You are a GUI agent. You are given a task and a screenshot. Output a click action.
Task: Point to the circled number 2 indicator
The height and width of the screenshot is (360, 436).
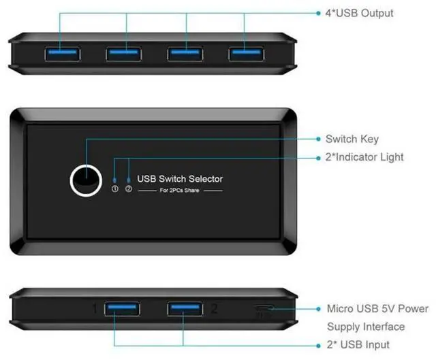(x=128, y=189)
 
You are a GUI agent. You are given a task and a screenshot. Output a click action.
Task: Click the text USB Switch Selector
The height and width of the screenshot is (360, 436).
(x=180, y=179)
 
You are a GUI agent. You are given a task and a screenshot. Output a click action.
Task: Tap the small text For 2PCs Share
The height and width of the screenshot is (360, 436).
(x=180, y=191)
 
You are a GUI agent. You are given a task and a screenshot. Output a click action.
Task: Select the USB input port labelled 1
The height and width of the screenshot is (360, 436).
(x=122, y=310)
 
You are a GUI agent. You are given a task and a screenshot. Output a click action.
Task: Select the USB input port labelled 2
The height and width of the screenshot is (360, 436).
(x=185, y=310)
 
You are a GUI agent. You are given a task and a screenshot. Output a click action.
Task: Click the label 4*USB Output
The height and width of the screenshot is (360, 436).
(x=359, y=13)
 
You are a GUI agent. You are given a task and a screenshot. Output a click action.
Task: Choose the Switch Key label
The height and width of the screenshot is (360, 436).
(x=352, y=140)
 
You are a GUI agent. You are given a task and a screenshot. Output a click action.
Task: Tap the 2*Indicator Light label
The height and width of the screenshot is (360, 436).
(x=364, y=157)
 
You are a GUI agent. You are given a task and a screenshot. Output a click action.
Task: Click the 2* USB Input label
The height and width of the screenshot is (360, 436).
(x=358, y=344)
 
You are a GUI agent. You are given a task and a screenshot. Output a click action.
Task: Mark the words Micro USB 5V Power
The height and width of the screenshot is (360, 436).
(x=377, y=309)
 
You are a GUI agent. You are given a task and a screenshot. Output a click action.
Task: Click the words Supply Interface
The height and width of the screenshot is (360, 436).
(x=366, y=327)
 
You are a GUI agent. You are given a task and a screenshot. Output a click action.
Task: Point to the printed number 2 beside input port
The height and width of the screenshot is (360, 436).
(x=214, y=310)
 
